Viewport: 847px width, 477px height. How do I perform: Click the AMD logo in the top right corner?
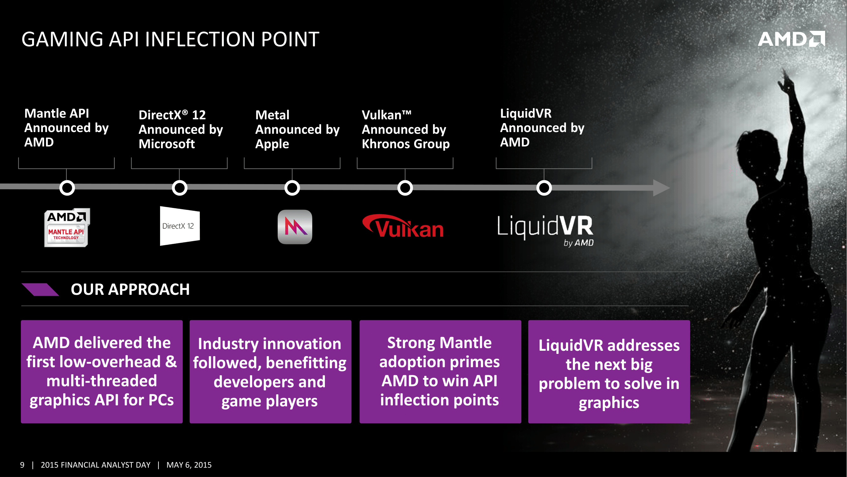791,39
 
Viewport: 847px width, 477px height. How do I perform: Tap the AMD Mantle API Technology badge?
67,227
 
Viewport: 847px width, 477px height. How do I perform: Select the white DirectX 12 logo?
180,226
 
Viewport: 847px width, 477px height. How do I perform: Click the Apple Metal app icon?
295,227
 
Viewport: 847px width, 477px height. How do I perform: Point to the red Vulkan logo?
403,226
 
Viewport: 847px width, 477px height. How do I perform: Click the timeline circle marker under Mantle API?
67,188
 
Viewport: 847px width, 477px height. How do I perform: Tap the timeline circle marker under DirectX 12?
179,188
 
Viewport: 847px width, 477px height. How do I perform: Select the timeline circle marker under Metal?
292,188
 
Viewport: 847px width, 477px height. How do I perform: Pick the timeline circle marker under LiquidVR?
544,188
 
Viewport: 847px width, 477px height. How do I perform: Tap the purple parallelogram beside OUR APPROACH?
40,289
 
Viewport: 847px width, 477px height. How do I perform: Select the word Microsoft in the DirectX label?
167,144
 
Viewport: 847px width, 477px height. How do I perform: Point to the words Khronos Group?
406,144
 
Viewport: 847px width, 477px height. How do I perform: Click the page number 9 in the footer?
22,465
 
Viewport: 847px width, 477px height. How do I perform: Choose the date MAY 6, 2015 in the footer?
189,465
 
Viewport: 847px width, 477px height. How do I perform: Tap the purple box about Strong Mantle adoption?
440,372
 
